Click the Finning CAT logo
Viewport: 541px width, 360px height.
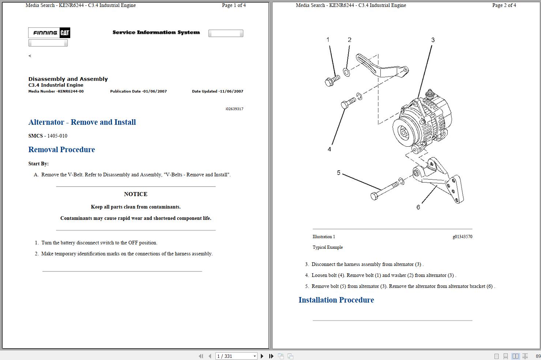[x=49, y=33]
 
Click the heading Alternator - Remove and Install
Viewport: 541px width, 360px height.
[x=82, y=122]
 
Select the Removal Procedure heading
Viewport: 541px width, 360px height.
[x=61, y=150]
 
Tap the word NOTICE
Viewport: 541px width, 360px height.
[x=135, y=194]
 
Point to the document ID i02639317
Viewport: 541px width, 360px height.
[x=234, y=109]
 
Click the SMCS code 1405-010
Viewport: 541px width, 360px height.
[x=57, y=136]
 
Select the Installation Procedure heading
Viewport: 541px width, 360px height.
[x=336, y=300]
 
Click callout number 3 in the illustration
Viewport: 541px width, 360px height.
[x=433, y=40]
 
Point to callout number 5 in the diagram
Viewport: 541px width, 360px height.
[x=338, y=173]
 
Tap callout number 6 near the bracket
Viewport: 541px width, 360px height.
[x=418, y=207]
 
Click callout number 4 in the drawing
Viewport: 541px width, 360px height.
[x=329, y=149]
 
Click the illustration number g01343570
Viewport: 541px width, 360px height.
[x=462, y=237]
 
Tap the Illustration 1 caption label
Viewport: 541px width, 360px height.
[x=323, y=237]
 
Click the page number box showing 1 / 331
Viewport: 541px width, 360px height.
[x=236, y=356]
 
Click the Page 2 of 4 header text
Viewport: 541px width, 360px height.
[x=504, y=5]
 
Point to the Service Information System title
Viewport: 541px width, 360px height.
[x=156, y=33]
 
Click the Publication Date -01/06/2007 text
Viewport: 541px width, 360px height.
[x=138, y=91]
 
